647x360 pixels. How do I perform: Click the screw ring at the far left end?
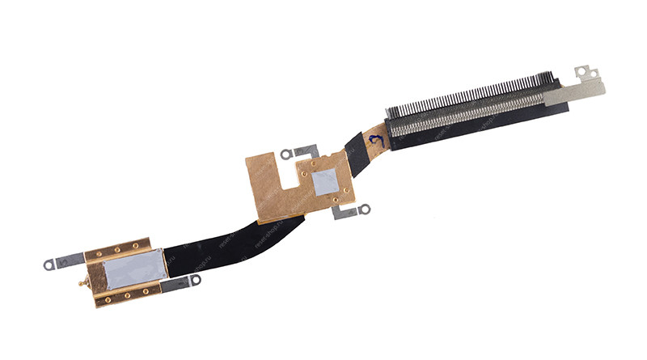pos(49,264)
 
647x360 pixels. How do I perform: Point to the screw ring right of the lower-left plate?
pos(193,281)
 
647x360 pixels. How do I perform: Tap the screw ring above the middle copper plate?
pos(285,153)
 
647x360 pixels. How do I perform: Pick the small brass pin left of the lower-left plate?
pos(81,282)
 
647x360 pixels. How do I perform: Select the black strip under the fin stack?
pos(469,129)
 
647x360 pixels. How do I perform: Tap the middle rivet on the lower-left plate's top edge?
pos(121,249)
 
